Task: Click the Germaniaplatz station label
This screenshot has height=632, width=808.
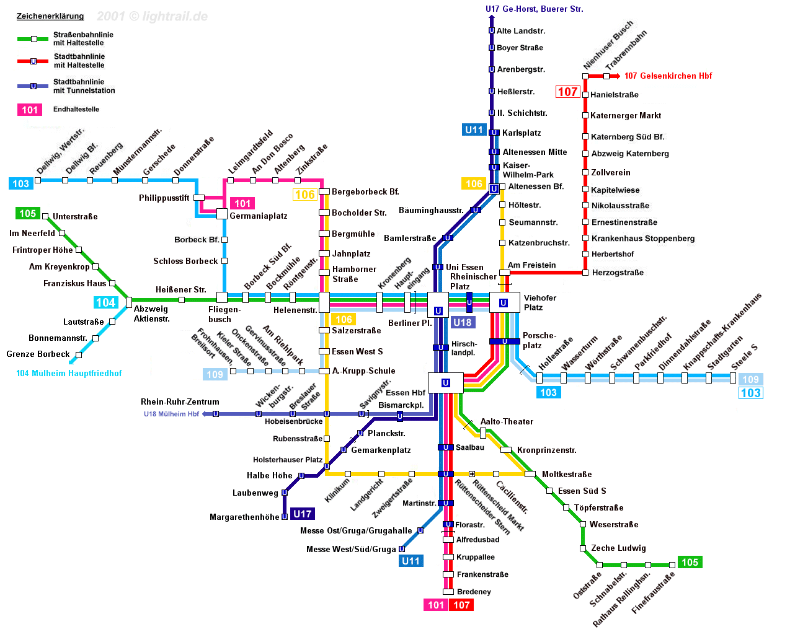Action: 258,216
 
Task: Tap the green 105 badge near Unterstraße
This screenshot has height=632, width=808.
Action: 28,214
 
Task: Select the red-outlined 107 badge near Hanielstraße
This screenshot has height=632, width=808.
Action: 567,92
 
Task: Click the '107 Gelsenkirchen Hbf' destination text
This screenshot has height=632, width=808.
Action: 668,76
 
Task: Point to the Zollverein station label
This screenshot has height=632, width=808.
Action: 610,173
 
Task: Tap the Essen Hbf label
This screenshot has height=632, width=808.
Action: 406,393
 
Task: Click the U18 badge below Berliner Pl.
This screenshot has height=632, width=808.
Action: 462,323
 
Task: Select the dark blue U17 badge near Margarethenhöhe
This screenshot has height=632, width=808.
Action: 302,514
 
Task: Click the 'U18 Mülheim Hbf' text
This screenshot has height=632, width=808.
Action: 171,414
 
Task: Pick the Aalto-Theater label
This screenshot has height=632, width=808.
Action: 507,422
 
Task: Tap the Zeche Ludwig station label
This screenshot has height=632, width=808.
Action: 618,548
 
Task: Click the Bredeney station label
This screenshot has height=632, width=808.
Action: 474,592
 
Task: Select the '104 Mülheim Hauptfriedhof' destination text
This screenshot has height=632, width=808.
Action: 69,374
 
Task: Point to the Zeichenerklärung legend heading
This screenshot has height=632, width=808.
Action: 50,16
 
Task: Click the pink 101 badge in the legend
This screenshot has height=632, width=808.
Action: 30,110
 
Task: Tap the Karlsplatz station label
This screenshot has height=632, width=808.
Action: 522,133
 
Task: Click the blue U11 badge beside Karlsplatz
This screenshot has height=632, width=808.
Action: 474,130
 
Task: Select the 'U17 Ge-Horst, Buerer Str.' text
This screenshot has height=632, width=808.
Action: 534,9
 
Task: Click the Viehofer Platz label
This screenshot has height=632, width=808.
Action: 539,302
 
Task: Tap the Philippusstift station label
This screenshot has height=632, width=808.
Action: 164,198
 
